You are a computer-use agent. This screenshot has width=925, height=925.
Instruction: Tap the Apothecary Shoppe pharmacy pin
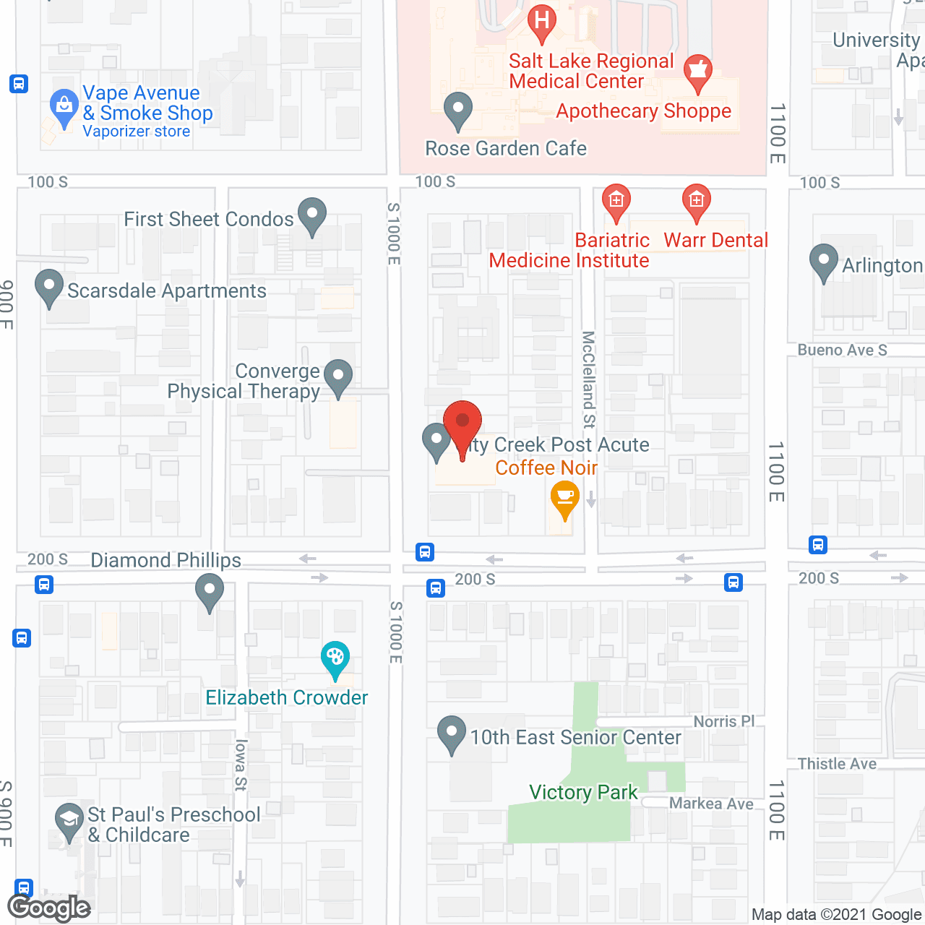coord(697,72)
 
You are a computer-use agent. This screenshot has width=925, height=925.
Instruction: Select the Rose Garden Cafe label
coord(506,148)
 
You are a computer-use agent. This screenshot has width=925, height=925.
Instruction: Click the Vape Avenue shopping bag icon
coord(64,108)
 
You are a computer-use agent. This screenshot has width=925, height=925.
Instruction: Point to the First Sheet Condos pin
coord(312,216)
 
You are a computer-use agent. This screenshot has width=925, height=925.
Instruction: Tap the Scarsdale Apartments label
coord(167,291)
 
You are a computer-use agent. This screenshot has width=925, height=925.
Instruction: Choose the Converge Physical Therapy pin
coord(337,377)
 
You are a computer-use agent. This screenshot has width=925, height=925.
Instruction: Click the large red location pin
coord(462,427)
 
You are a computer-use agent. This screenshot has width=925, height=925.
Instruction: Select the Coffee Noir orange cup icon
coord(564,500)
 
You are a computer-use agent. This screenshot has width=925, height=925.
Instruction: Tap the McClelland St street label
coord(589,379)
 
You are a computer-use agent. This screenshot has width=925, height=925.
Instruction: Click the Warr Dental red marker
coord(697,202)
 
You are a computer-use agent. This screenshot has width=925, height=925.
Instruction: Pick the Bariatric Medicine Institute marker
coord(616,202)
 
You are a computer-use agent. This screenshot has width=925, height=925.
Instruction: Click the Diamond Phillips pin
coord(210,591)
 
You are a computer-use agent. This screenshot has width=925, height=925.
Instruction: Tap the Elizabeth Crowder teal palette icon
coord(335,659)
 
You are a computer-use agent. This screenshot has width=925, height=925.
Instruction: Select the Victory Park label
coord(583,792)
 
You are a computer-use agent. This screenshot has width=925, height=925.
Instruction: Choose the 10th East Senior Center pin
coord(452,733)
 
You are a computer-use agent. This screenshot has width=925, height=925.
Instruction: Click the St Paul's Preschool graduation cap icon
coord(69,821)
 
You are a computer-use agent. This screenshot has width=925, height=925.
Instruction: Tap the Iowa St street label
coord(241,765)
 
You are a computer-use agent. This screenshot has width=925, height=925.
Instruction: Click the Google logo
coord(49,908)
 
